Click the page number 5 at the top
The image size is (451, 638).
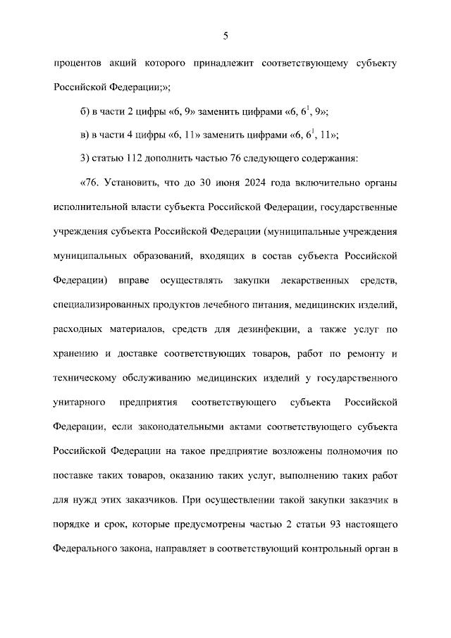pyautogui.click(x=225, y=35)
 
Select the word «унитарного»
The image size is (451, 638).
pyautogui.click(x=80, y=402)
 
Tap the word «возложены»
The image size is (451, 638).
pyautogui.click(x=276, y=450)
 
